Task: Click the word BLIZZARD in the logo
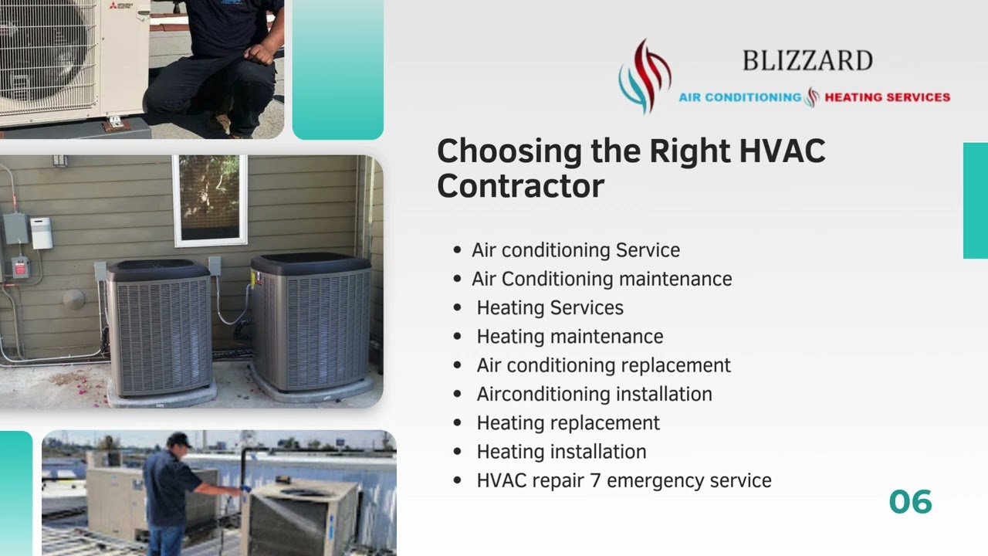(807, 60)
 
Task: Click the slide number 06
(910, 502)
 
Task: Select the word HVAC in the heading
(782, 151)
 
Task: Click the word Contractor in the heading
(520, 186)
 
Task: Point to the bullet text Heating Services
(550, 307)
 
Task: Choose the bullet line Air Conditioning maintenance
(601, 279)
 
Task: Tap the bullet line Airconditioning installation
(594, 394)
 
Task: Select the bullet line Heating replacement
(568, 423)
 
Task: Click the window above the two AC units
(210, 199)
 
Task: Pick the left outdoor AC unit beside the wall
(159, 328)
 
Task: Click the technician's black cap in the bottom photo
(179, 440)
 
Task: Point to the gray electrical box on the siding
(15, 229)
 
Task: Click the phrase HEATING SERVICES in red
(887, 97)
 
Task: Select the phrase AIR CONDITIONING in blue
(739, 97)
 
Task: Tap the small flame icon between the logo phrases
(812, 97)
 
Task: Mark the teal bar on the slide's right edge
(975, 200)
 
